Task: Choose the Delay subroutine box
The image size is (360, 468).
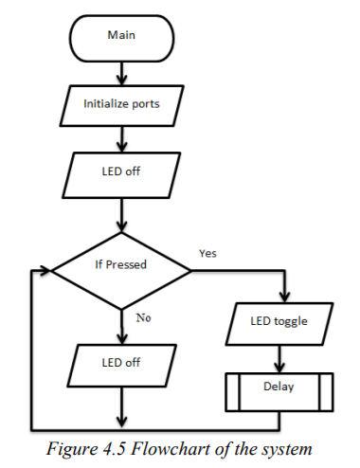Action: tap(280, 387)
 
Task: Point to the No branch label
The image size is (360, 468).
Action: tap(143, 317)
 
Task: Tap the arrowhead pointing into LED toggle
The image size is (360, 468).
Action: tap(280, 300)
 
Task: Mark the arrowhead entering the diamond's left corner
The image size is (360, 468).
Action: tap(46, 270)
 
